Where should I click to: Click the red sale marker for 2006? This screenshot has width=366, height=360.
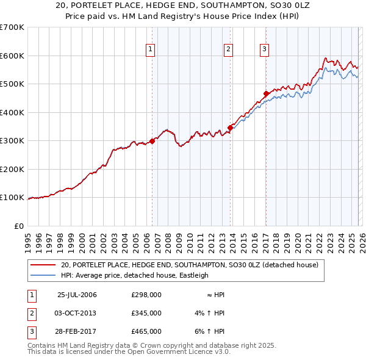click(x=152, y=141)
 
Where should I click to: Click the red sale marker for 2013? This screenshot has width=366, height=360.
click(x=230, y=128)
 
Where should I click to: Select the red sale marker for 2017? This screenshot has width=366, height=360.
click(x=266, y=93)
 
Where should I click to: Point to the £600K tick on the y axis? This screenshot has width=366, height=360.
click(x=12, y=56)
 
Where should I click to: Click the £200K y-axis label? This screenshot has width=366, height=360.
click(x=12, y=169)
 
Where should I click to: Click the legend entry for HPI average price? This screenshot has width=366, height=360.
click(x=134, y=275)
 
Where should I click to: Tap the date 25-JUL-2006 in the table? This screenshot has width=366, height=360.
click(x=77, y=295)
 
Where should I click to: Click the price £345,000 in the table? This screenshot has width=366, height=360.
click(x=146, y=313)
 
